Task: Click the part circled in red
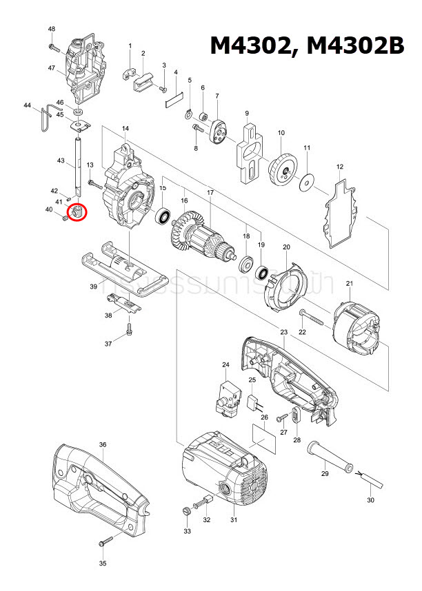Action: (x=78, y=211)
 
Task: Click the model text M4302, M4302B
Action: (x=306, y=45)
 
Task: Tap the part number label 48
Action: (x=52, y=29)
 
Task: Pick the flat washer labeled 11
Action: (x=307, y=183)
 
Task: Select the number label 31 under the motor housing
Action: (x=233, y=519)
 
